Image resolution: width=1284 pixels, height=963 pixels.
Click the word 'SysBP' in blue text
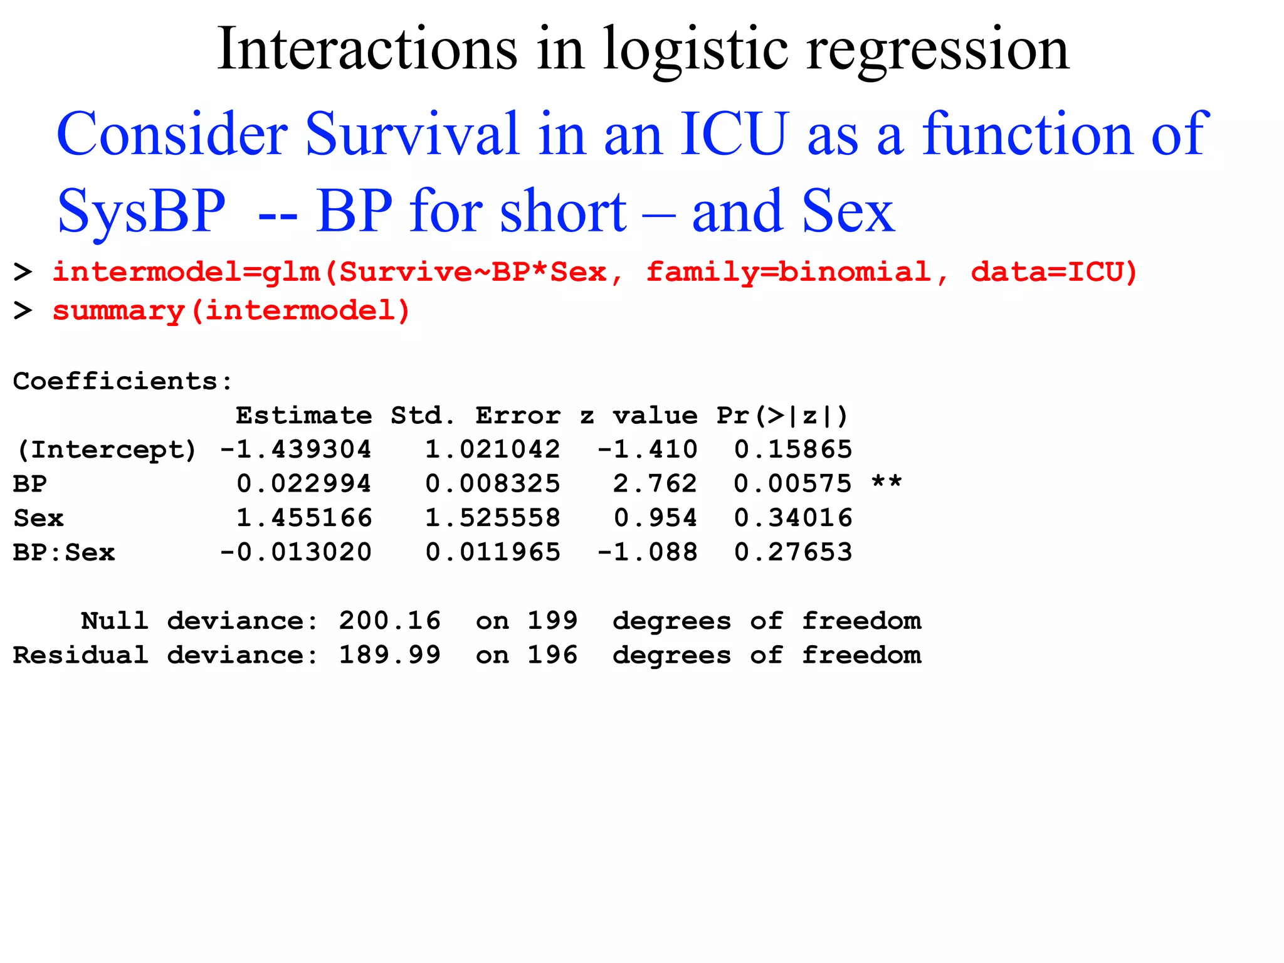click(141, 212)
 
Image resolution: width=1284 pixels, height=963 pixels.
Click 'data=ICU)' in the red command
click(1054, 272)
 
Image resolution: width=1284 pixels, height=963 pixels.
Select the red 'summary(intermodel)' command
click(231, 311)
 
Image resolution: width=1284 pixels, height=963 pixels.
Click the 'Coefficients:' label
click(123, 381)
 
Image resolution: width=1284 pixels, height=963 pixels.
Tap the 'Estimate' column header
click(303, 416)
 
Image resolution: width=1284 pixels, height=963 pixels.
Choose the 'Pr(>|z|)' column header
click(782, 416)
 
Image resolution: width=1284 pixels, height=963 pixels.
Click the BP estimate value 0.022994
click(304, 484)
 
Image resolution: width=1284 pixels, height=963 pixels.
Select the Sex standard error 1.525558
click(493, 518)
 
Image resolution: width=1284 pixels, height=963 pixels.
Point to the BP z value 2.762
click(655, 484)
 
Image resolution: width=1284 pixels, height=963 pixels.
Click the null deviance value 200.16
click(390, 621)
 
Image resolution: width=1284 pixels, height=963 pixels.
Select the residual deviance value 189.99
click(390, 656)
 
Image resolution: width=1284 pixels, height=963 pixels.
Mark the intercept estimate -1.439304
click(295, 450)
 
